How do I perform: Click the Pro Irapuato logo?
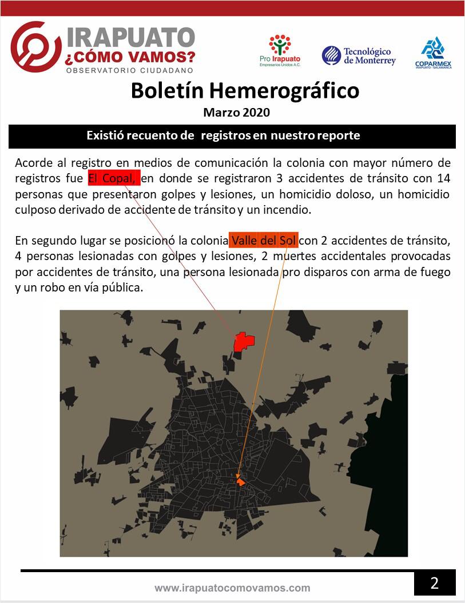pos(280,50)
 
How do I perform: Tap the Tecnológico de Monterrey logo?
pos(359,55)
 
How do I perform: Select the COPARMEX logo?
pos(434,53)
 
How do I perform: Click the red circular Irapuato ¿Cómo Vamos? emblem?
pos(36,47)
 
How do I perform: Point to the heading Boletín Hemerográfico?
pos(245,90)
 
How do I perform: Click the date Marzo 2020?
pos(236,113)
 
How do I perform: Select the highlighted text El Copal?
pos(113,178)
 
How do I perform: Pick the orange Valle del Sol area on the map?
pos(241,482)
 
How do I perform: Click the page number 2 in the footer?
pos(435,584)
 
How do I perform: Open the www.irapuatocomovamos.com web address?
pos(232,588)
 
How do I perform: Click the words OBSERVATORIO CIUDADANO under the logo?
pos(130,70)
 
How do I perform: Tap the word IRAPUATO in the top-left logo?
pos(131,38)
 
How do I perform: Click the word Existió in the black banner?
pos(105,136)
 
